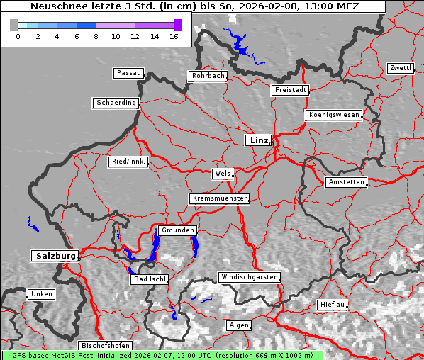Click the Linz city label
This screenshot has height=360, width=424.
[x=258, y=140]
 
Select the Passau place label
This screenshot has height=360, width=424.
[x=128, y=73]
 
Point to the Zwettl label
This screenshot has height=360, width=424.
[x=400, y=68]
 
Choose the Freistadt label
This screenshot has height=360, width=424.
[x=290, y=90]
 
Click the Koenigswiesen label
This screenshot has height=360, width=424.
[x=334, y=115]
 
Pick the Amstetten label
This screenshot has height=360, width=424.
[x=346, y=182]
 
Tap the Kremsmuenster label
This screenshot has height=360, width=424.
[x=219, y=198]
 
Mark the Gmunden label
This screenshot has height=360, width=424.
[x=177, y=231]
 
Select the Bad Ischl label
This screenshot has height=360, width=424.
[x=150, y=279]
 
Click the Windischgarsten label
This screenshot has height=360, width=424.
[x=249, y=277]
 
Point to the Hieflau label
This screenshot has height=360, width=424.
[x=333, y=305]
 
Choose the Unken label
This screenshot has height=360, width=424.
[x=41, y=294]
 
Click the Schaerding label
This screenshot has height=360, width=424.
[x=116, y=103]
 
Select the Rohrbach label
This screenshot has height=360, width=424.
[x=207, y=76]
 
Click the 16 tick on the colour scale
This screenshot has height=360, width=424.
[x=174, y=35]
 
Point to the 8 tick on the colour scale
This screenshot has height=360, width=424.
[x=96, y=35]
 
